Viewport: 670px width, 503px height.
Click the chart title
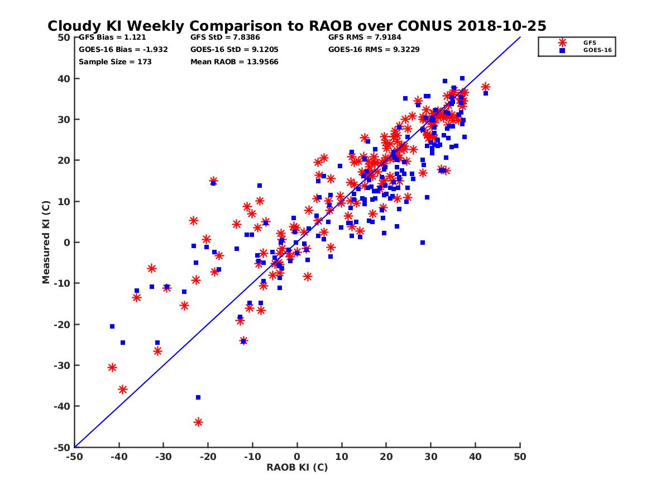pos(296,26)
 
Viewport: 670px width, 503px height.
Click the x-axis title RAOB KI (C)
pos(297,467)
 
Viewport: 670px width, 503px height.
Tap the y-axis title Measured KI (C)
pos(46,242)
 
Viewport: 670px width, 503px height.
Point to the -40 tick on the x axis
pos(118,457)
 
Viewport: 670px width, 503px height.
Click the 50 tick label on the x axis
pos(520,457)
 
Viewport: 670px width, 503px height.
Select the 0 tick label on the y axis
pos(66,242)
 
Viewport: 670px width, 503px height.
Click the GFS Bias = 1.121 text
pos(112,37)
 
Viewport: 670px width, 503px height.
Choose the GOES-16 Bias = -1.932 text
pos(123,49)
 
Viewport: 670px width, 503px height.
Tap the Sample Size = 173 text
pos(115,61)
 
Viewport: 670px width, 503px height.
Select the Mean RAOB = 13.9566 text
pos(234,61)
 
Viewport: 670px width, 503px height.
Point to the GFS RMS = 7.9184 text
pos(365,37)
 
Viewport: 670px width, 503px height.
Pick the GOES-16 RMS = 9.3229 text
pos(374,49)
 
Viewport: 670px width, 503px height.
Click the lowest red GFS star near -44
pos(198,422)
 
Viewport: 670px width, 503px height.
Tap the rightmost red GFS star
pos(485,87)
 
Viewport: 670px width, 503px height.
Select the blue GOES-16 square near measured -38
pos(198,397)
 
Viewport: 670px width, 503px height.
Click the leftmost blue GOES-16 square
pos(112,326)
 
